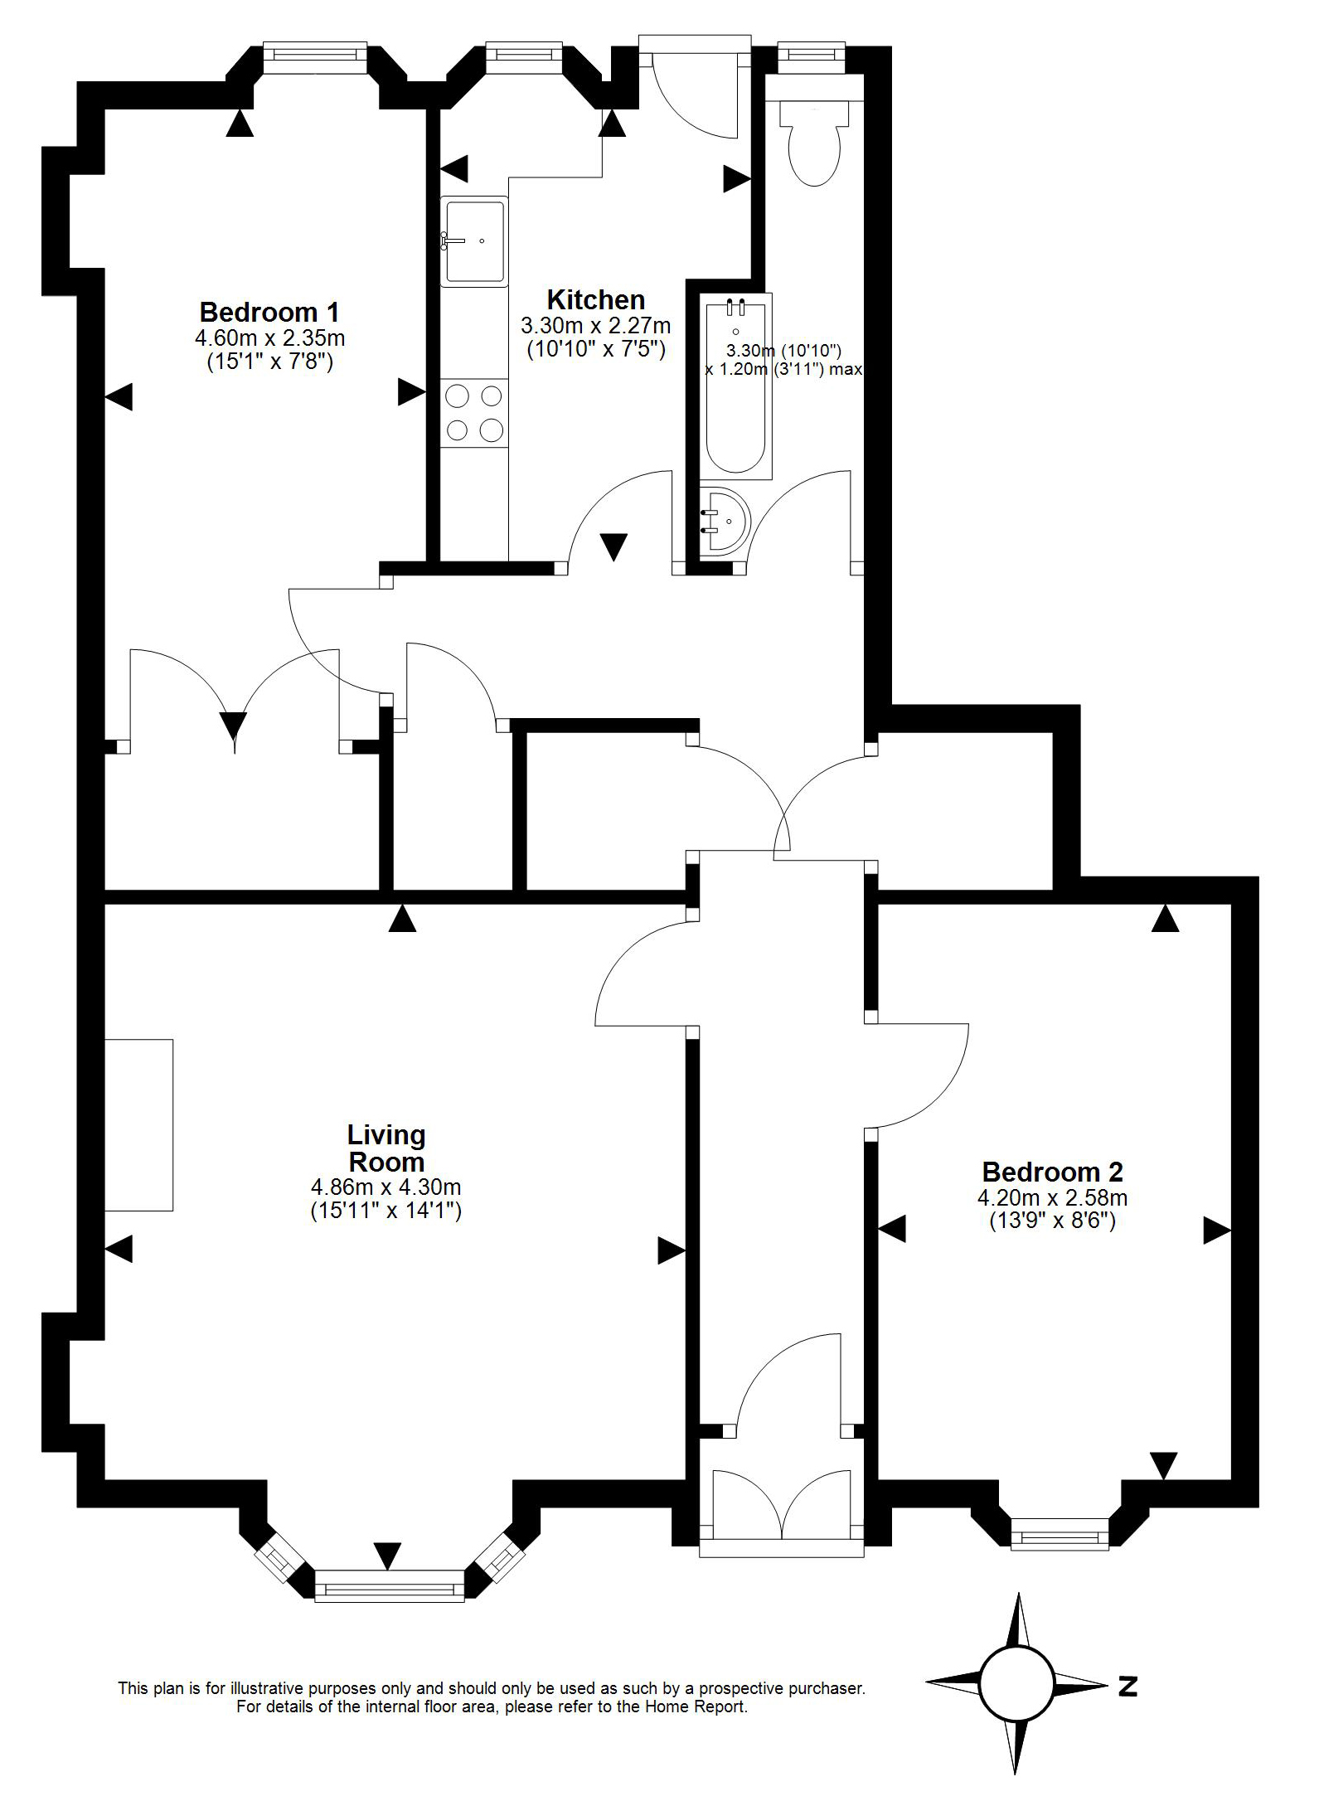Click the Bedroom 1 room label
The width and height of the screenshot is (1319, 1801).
(x=269, y=313)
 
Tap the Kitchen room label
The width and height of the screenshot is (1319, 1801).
(x=595, y=299)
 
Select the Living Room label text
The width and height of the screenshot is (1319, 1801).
(x=386, y=1148)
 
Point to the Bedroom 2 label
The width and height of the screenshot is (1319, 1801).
(x=1052, y=1172)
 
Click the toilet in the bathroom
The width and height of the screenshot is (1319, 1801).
(x=816, y=141)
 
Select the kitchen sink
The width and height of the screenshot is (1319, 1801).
(x=473, y=241)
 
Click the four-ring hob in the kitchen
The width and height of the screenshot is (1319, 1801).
(x=473, y=413)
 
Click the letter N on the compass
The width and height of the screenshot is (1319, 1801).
(x=1127, y=1686)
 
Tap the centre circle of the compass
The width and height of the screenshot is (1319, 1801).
(x=1016, y=1684)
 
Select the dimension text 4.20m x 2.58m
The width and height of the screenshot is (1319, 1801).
(x=1052, y=1197)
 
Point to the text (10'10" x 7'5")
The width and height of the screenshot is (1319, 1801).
(x=597, y=349)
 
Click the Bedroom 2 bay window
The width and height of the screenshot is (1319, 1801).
(x=1060, y=1533)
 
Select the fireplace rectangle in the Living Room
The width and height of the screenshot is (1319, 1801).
(x=139, y=1125)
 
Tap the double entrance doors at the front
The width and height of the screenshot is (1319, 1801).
(x=781, y=1505)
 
